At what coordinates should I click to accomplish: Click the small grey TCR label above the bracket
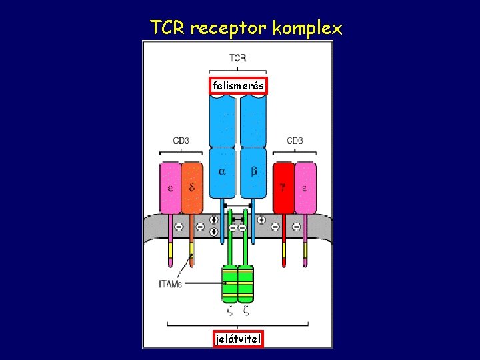pos(238,58)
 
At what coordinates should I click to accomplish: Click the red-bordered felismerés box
pos(238,85)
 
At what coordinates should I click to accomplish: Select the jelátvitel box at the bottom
pos(238,339)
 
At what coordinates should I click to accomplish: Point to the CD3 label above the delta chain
pos(181,141)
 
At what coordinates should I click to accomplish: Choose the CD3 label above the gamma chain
pos(295,141)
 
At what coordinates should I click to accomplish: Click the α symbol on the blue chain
pos(222,171)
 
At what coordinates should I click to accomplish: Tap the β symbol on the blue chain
pos(254,171)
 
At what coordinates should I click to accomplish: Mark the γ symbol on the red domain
pos(283,188)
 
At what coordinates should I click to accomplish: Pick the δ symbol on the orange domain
pos(192,188)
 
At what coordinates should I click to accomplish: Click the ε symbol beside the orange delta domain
pos(170,188)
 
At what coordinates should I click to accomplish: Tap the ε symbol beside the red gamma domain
pos(304,188)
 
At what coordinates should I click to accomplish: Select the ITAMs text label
pos(170,284)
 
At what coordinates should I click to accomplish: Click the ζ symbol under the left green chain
pos(230,309)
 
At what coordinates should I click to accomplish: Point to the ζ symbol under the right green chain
pos(246,309)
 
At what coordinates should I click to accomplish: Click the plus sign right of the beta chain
pos(262,219)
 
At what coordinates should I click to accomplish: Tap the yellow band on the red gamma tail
pos(284,251)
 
